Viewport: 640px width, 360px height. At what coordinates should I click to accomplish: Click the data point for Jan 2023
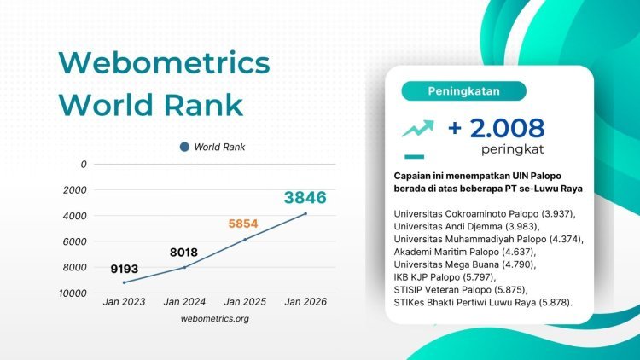coord(124,282)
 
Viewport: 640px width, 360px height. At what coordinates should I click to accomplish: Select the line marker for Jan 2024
coord(184,267)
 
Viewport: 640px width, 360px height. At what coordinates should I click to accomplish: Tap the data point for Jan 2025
coord(245,240)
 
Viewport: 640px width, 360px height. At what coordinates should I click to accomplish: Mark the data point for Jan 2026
coord(305,213)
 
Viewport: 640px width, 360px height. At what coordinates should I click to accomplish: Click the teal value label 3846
coord(305,199)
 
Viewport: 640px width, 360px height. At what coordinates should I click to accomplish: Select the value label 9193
coord(124,269)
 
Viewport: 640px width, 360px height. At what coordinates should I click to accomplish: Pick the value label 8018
coord(183,253)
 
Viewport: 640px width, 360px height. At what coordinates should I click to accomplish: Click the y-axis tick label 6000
coord(76,241)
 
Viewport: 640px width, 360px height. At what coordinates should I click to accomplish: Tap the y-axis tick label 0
coord(83,164)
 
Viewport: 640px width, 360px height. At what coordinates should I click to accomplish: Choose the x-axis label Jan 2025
coord(245,301)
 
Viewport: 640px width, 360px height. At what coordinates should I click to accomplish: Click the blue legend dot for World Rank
coord(184,147)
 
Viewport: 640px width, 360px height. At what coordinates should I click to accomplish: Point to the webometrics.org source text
coord(215,318)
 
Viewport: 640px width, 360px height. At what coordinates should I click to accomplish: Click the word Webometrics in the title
coord(164,64)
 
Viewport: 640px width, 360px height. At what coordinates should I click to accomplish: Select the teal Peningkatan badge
coord(463,90)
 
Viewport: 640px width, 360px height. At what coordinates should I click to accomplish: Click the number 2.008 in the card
coord(506,128)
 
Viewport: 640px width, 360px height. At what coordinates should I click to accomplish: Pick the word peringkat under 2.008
coord(511,149)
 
